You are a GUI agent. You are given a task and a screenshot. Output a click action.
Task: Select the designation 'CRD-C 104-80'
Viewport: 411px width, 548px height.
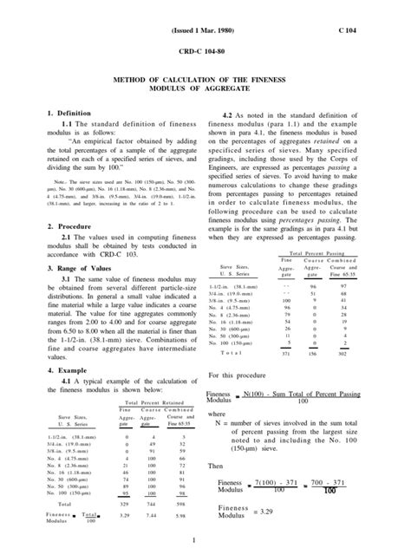point(205,51)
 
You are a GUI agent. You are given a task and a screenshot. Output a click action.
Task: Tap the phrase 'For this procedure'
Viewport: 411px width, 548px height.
point(238,374)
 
